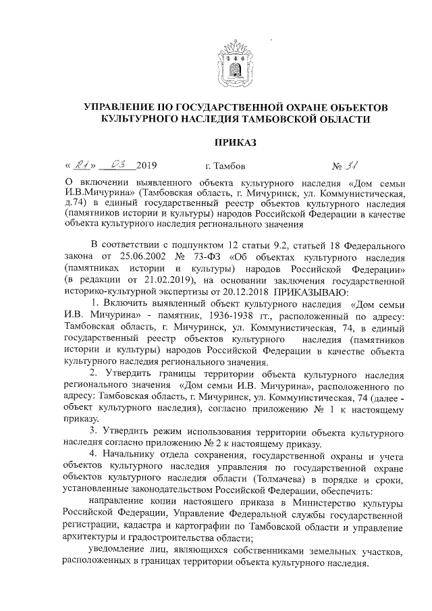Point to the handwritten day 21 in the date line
click(83, 165)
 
